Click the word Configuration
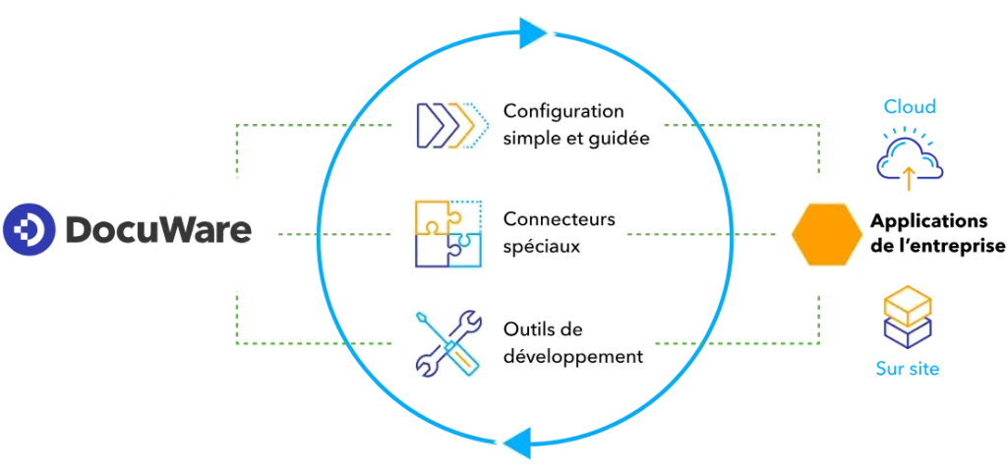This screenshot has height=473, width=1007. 563,110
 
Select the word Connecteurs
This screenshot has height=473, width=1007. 559,218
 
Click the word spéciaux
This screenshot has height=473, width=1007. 541,245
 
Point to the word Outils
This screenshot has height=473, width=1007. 529,328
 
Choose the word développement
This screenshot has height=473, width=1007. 572,355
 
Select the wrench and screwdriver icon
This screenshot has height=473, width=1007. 447,342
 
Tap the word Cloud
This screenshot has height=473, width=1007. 908,106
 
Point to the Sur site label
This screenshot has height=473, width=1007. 908,369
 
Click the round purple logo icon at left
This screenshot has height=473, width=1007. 28,231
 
